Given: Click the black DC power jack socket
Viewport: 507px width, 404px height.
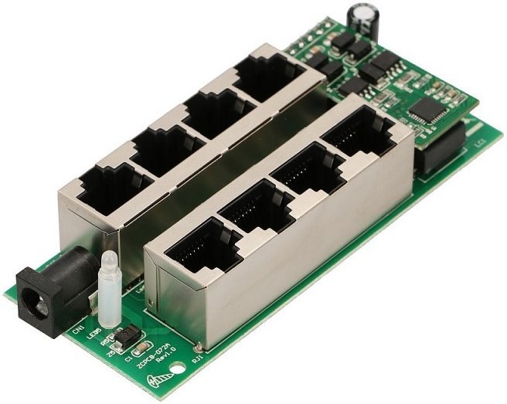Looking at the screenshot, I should (x=43, y=298).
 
